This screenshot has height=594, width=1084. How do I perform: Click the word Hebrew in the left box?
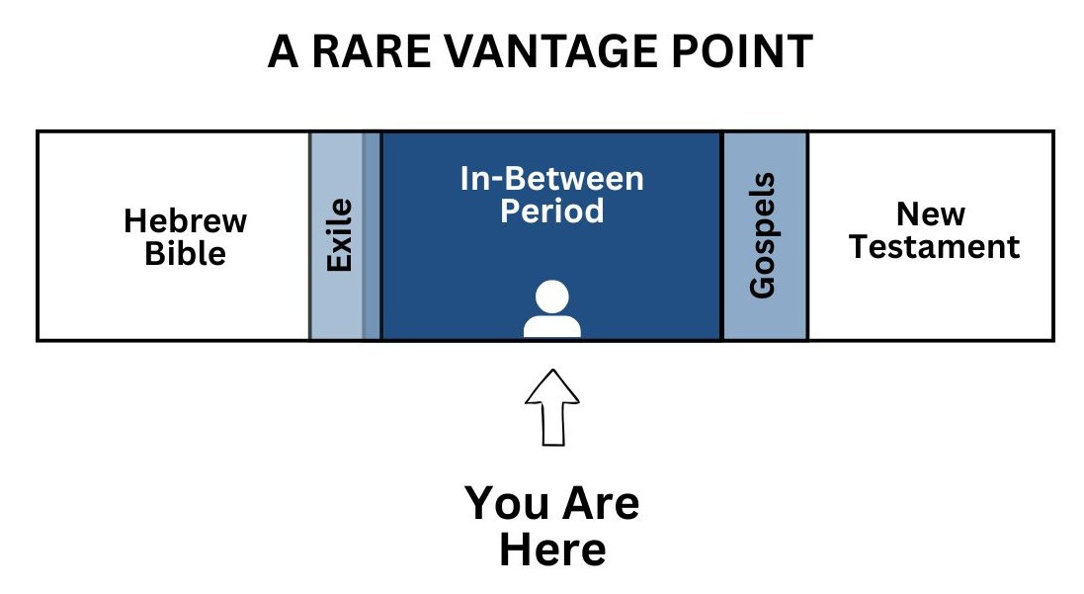(x=185, y=220)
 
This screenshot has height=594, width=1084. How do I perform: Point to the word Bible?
(x=185, y=253)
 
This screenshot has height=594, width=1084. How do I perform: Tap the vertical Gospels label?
(x=763, y=235)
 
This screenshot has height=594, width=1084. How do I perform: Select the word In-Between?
(x=551, y=179)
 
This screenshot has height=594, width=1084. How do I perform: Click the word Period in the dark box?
(x=551, y=211)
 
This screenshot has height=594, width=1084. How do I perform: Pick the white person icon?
(x=551, y=309)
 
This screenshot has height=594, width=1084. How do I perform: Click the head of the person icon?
(x=551, y=296)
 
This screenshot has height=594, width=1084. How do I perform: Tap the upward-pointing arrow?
(x=551, y=406)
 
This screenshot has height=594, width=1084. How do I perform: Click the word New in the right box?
(x=930, y=213)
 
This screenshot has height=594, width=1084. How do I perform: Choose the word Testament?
(x=934, y=246)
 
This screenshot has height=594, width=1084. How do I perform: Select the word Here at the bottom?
(x=551, y=550)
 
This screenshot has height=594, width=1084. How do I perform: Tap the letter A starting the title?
(x=283, y=51)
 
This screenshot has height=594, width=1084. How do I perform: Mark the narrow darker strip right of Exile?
(x=372, y=235)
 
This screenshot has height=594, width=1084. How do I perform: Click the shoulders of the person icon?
(x=551, y=326)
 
